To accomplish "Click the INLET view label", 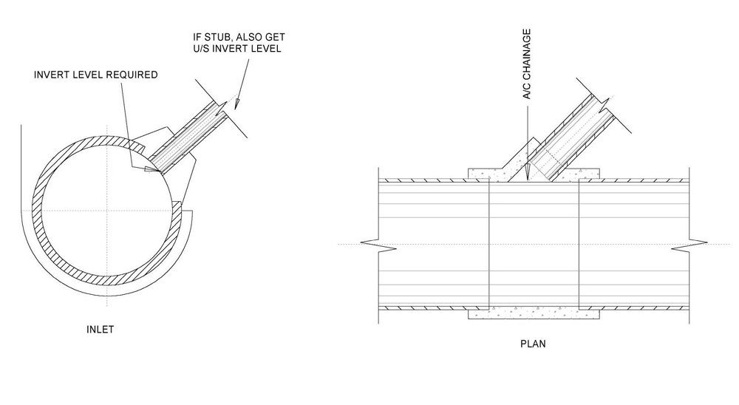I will click(x=100, y=329).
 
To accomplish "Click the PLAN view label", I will click(x=533, y=344).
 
